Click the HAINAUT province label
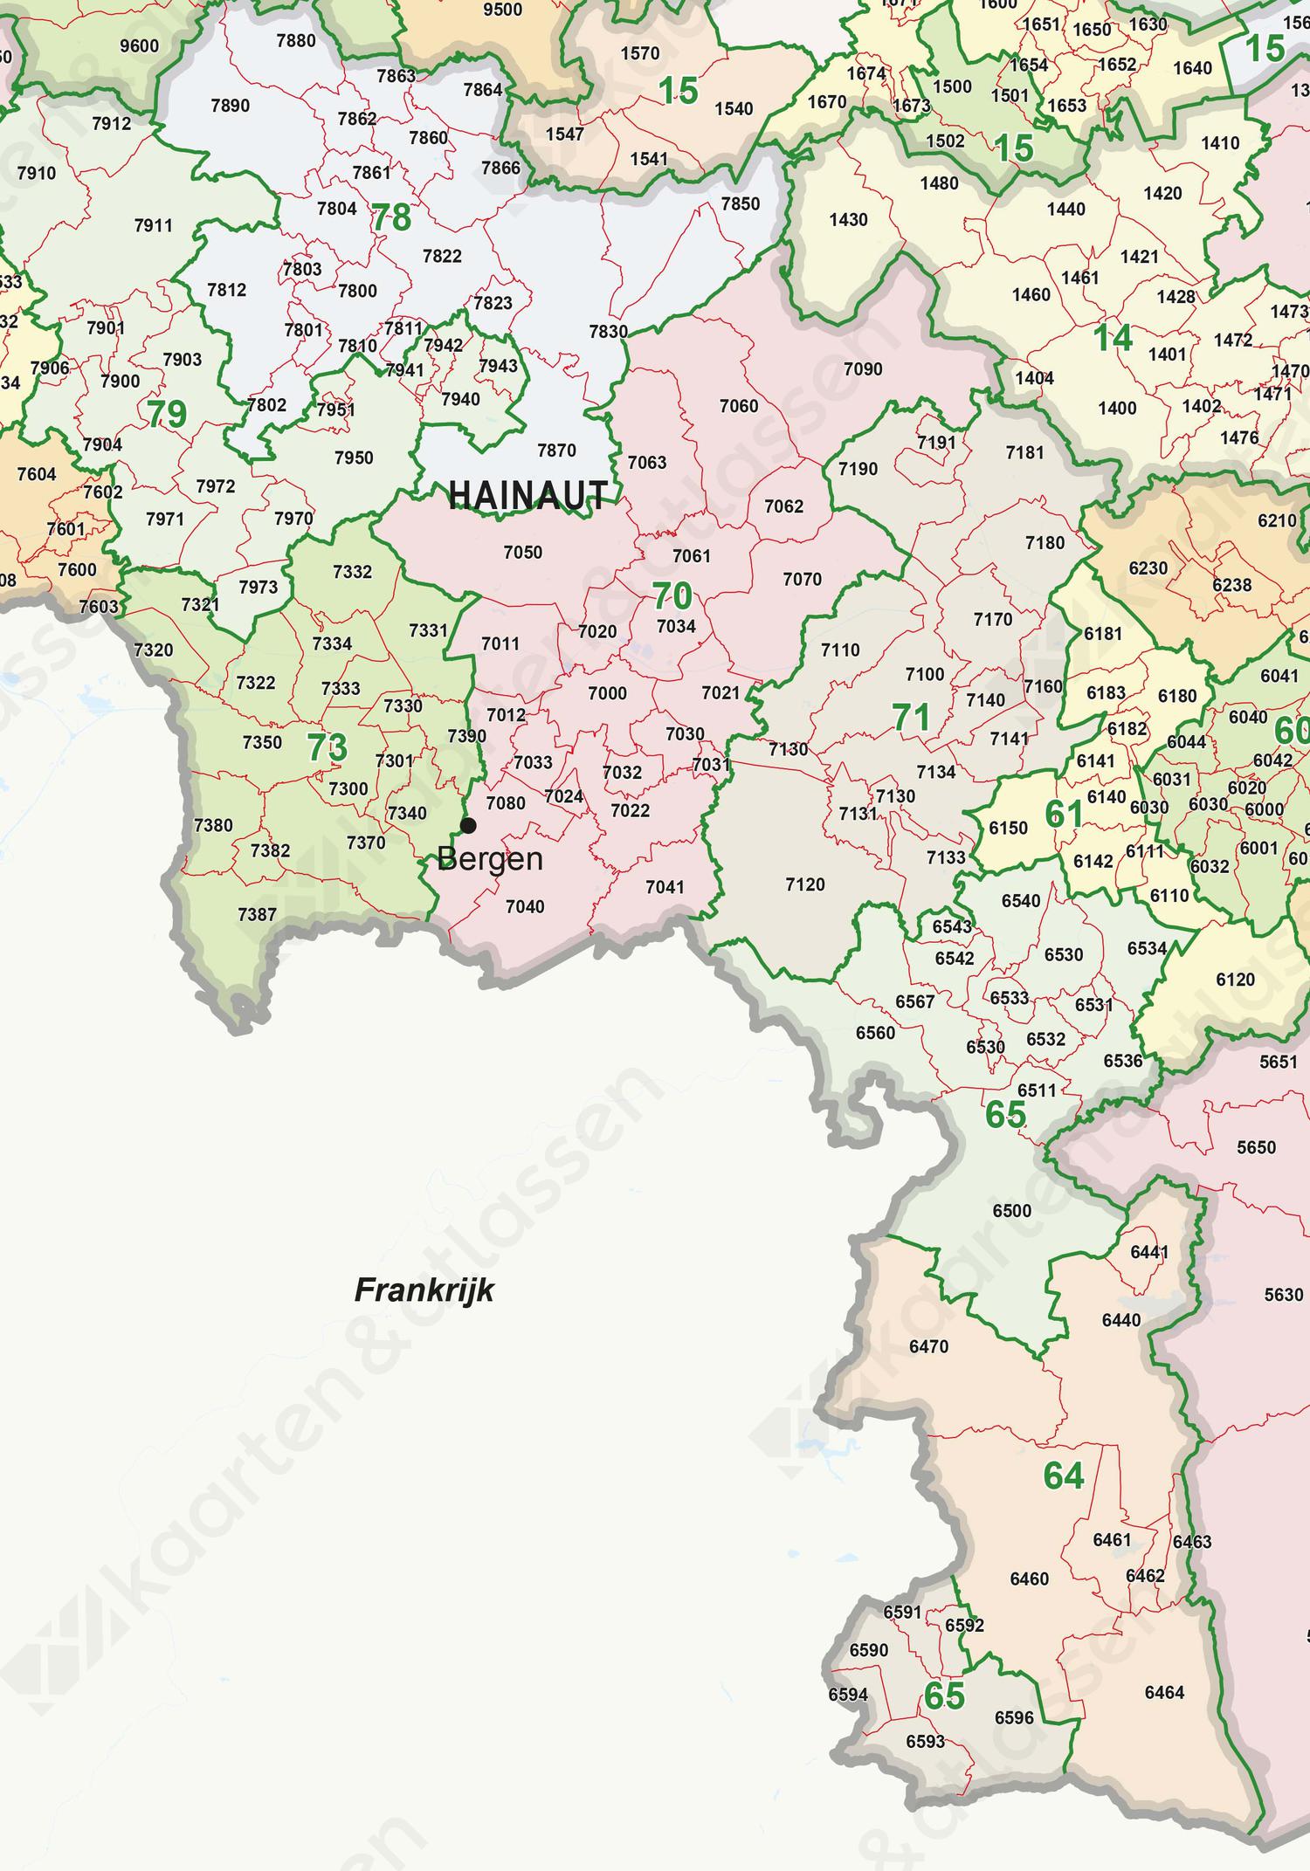527,496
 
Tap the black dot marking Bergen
469,825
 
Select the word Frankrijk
424,1290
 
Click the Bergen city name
490,860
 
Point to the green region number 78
391,218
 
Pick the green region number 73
327,748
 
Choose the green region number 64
1064,1476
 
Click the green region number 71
911,718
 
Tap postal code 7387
257,915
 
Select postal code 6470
928,1347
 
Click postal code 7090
863,369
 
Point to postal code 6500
1011,1211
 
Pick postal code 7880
296,41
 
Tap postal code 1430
848,220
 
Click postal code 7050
522,553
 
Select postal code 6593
925,1742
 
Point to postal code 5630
1283,1296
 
